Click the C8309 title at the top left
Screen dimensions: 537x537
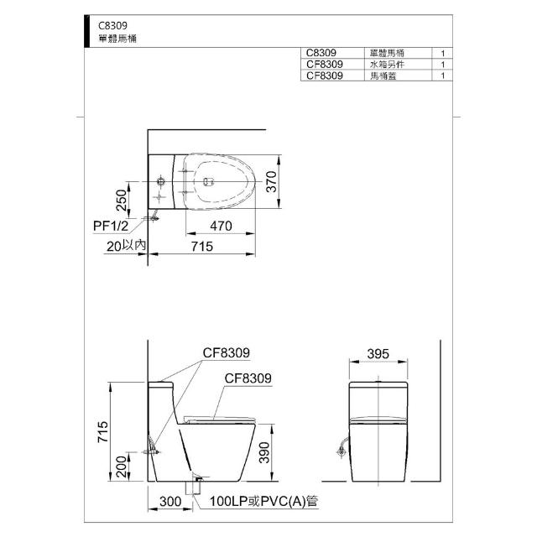tap(112, 26)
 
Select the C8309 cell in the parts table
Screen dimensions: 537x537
tap(321, 53)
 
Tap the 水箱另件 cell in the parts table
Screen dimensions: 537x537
tap(387, 65)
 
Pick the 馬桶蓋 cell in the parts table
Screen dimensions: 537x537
tap(383, 76)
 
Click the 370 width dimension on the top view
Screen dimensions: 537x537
tap(271, 181)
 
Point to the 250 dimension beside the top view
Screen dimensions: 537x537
tap(121, 200)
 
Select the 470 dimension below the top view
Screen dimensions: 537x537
tap(221, 226)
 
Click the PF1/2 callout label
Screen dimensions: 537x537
tap(111, 226)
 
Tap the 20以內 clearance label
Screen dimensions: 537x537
tap(126, 246)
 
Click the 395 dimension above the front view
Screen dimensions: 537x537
tap(378, 354)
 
